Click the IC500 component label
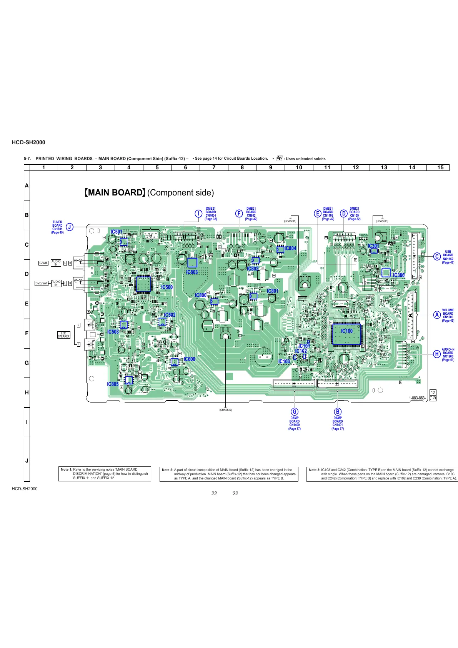[x=167, y=287]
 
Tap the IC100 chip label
[x=346, y=331]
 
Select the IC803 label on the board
[x=192, y=272]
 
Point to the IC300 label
[x=398, y=275]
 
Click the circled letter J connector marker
[x=69, y=227]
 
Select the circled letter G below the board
[x=295, y=412]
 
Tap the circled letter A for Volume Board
[x=437, y=315]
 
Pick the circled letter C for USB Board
[x=437, y=257]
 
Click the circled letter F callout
[x=239, y=214]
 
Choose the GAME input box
[x=43, y=263]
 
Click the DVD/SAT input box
[x=42, y=283]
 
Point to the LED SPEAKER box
[x=64, y=335]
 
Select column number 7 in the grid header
[x=214, y=167]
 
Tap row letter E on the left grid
[x=27, y=304]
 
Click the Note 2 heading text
[x=167, y=470]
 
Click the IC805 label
[x=113, y=384]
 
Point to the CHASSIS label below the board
[x=225, y=410]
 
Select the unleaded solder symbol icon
[x=280, y=158]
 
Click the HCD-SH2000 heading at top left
[x=28, y=142]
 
